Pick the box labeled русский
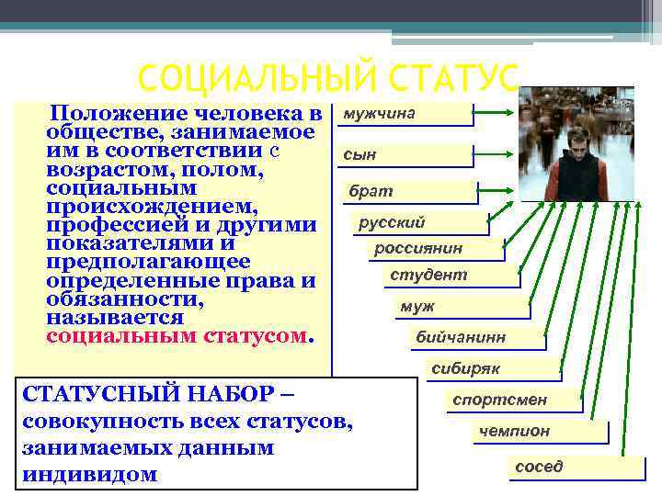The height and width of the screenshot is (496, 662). click(418, 222)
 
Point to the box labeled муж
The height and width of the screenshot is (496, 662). click(460, 307)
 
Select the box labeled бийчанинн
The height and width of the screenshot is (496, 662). click(474, 338)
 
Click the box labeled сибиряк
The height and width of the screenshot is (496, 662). click(492, 368)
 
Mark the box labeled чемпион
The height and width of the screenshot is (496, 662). click(539, 431)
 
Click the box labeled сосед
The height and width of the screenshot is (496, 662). click(570, 466)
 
